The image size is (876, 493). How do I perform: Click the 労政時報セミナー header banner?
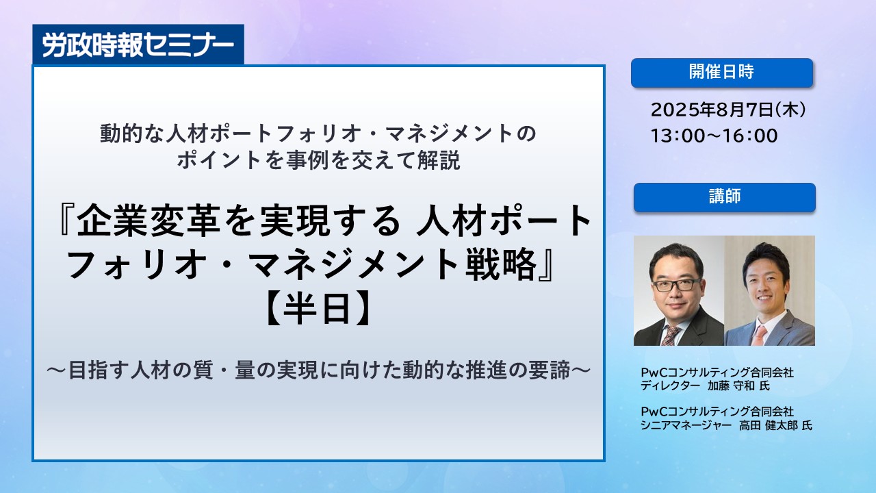(138, 45)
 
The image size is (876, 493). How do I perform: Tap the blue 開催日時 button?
(722, 73)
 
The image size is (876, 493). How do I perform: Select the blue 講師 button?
(724, 197)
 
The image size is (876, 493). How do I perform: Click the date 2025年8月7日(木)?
(728, 110)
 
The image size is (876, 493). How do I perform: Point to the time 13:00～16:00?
(714, 136)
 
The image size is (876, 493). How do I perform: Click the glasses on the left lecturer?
(676, 285)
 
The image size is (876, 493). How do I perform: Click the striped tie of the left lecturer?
(671, 335)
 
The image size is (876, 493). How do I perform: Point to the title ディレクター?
(670, 385)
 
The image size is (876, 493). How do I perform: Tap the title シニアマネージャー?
(686, 425)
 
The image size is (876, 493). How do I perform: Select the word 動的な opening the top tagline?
(132, 134)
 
